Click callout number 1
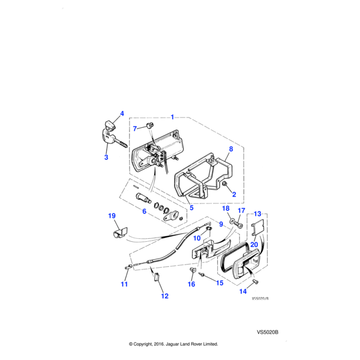(x=172, y=116)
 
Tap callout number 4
(x=122, y=113)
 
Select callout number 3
(x=106, y=158)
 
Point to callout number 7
(x=136, y=128)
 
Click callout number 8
(x=230, y=148)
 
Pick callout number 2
(x=233, y=194)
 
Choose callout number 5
(x=191, y=208)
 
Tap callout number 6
(x=144, y=211)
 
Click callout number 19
(x=111, y=216)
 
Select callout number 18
(x=225, y=209)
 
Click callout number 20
(x=254, y=244)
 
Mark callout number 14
(x=244, y=292)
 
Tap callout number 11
(x=124, y=284)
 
